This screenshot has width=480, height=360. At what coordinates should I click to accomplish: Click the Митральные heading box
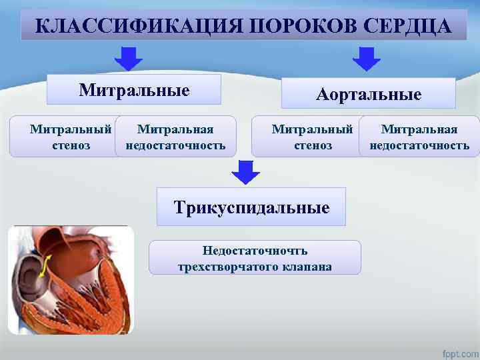134,90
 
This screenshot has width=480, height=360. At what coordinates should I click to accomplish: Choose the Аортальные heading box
368,94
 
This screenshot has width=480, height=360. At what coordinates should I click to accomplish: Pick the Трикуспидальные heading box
251,207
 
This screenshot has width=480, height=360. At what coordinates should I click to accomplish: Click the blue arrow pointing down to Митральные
128,59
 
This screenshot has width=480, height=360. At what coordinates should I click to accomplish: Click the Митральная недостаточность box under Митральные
175,137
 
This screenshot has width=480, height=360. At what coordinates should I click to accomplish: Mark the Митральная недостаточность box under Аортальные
419,137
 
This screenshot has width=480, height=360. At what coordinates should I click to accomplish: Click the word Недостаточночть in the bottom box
255,251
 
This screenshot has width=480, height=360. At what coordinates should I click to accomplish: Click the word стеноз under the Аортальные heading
312,145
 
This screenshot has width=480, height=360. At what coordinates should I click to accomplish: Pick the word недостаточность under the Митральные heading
175,145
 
